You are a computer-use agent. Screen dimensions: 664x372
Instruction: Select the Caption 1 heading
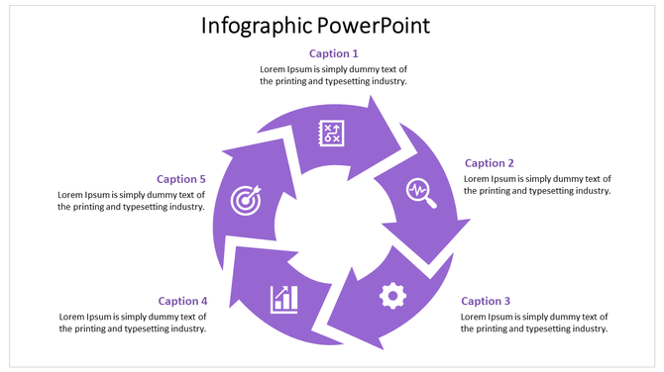(334, 53)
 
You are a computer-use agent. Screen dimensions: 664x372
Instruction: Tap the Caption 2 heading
(490, 163)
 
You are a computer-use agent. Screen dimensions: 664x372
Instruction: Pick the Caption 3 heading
(486, 301)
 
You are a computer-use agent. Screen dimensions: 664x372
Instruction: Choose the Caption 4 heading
(182, 301)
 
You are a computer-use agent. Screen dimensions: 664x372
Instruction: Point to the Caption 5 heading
(181, 179)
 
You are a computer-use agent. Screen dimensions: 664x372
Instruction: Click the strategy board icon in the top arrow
(331, 133)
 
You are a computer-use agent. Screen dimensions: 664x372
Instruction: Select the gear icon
(393, 294)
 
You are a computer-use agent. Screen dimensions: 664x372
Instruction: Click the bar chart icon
(284, 298)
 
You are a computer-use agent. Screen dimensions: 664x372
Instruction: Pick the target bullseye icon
(245, 200)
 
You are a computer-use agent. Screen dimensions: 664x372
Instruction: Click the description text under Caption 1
(334, 75)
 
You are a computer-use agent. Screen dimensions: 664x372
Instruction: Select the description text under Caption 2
(537, 185)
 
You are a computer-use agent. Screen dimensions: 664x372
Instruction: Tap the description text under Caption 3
(534, 323)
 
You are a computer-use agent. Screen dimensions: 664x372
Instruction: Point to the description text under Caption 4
(133, 323)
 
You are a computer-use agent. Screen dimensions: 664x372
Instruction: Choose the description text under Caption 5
(131, 201)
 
